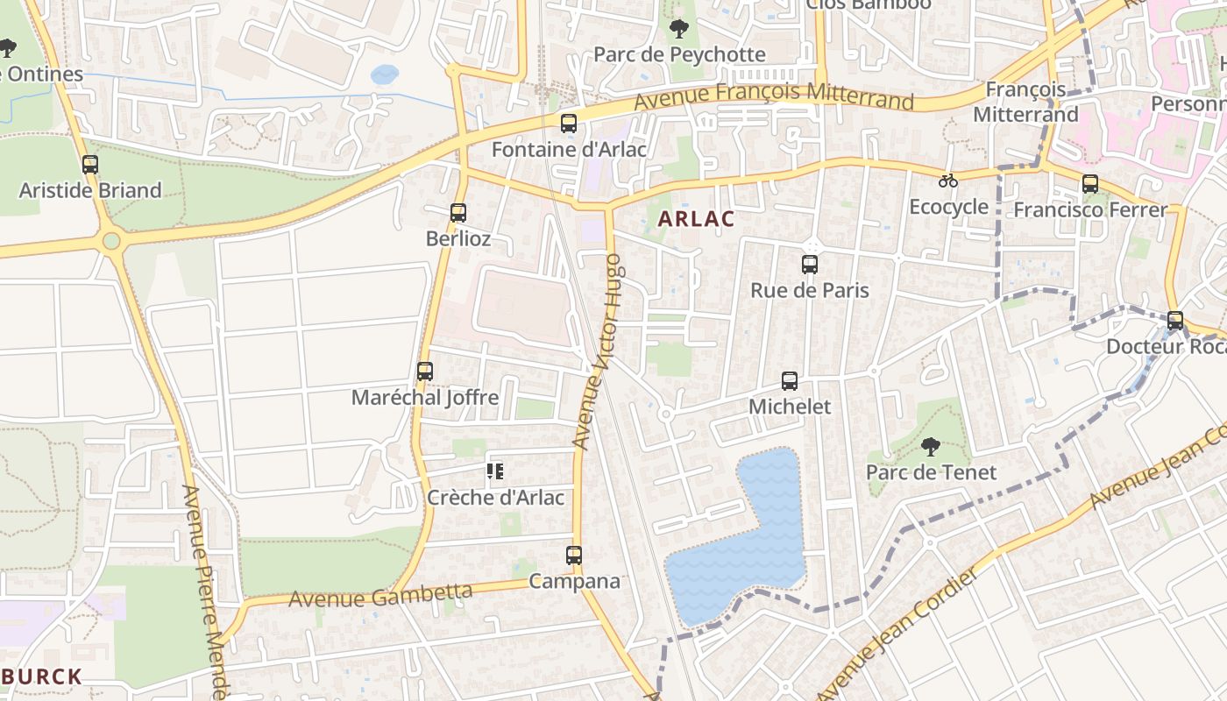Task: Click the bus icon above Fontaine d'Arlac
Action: tap(569, 124)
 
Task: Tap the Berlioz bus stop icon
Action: tap(457, 213)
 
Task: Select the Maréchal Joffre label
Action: tap(425, 398)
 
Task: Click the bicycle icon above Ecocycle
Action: tap(948, 181)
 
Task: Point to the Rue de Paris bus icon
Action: tap(810, 265)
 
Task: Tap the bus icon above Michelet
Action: tap(790, 381)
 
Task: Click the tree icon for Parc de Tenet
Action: tap(931, 447)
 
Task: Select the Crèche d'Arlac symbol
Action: tap(495, 472)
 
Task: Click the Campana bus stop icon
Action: tap(574, 556)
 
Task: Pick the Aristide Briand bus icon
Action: tap(90, 165)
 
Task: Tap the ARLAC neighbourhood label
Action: tap(696, 219)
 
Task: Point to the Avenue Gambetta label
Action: tap(380, 597)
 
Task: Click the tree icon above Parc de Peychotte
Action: tap(679, 29)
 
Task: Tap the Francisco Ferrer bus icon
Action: tap(1090, 184)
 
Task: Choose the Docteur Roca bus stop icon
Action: tap(1175, 321)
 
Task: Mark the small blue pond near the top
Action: tap(384, 74)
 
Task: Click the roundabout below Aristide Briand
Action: tap(111, 240)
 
